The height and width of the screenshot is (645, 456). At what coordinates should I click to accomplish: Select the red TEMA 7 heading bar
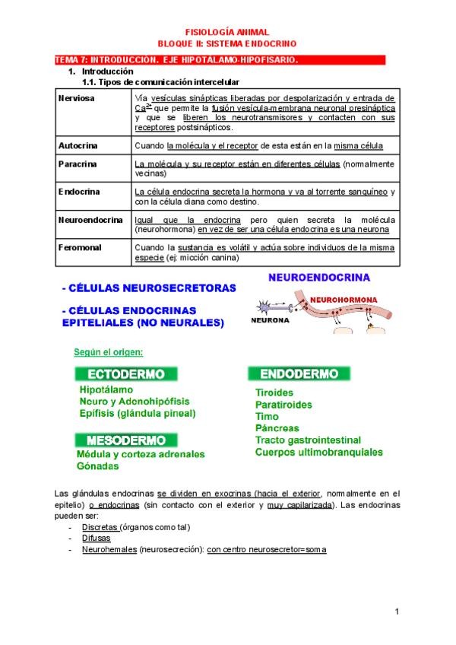220,59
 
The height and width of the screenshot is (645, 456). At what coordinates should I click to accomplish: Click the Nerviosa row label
76,99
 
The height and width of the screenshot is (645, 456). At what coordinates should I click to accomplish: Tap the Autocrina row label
78,145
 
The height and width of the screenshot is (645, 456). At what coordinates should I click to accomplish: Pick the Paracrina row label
78,164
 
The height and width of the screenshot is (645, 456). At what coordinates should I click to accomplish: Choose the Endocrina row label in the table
79,192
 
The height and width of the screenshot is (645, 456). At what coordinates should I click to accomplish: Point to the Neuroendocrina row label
90,220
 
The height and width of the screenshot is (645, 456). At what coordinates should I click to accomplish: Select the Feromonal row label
79,247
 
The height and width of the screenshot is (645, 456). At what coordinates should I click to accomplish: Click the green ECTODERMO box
126,374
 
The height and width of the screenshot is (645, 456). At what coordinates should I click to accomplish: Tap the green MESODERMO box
126,440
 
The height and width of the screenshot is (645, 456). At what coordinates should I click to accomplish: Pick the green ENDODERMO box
299,373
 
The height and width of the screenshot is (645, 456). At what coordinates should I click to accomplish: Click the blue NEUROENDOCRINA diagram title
318,278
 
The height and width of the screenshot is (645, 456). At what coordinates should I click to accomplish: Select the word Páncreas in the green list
277,428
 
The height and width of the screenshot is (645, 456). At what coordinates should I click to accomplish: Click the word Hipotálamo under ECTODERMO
106,389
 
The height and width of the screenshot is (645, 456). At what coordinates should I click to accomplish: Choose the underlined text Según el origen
109,352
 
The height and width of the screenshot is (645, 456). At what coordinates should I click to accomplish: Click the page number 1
397,612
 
